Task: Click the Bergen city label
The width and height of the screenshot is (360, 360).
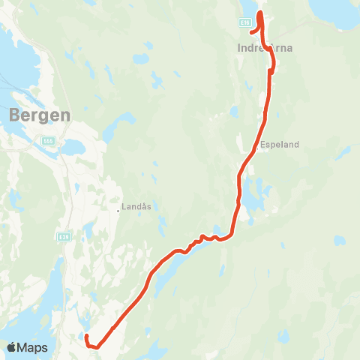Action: tap(40, 115)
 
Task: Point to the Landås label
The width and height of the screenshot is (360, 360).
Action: tap(136, 204)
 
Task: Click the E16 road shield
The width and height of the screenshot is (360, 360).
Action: tap(245, 23)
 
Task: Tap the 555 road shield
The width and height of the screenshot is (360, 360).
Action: tap(49, 140)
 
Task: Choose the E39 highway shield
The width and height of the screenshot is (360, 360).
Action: tap(64, 237)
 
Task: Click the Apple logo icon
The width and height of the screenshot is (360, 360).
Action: tap(13, 347)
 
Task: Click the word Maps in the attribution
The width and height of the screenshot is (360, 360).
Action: tap(34, 347)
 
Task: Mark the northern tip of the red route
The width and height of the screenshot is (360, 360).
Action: tap(260, 13)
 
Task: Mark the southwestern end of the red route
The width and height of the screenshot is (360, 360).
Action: tap(86, 336)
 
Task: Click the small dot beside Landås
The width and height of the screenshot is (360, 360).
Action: tap(118, 210)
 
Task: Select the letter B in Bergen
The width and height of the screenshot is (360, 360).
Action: tap(16, 115)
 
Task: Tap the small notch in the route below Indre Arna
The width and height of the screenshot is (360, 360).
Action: tap(271, 66)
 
